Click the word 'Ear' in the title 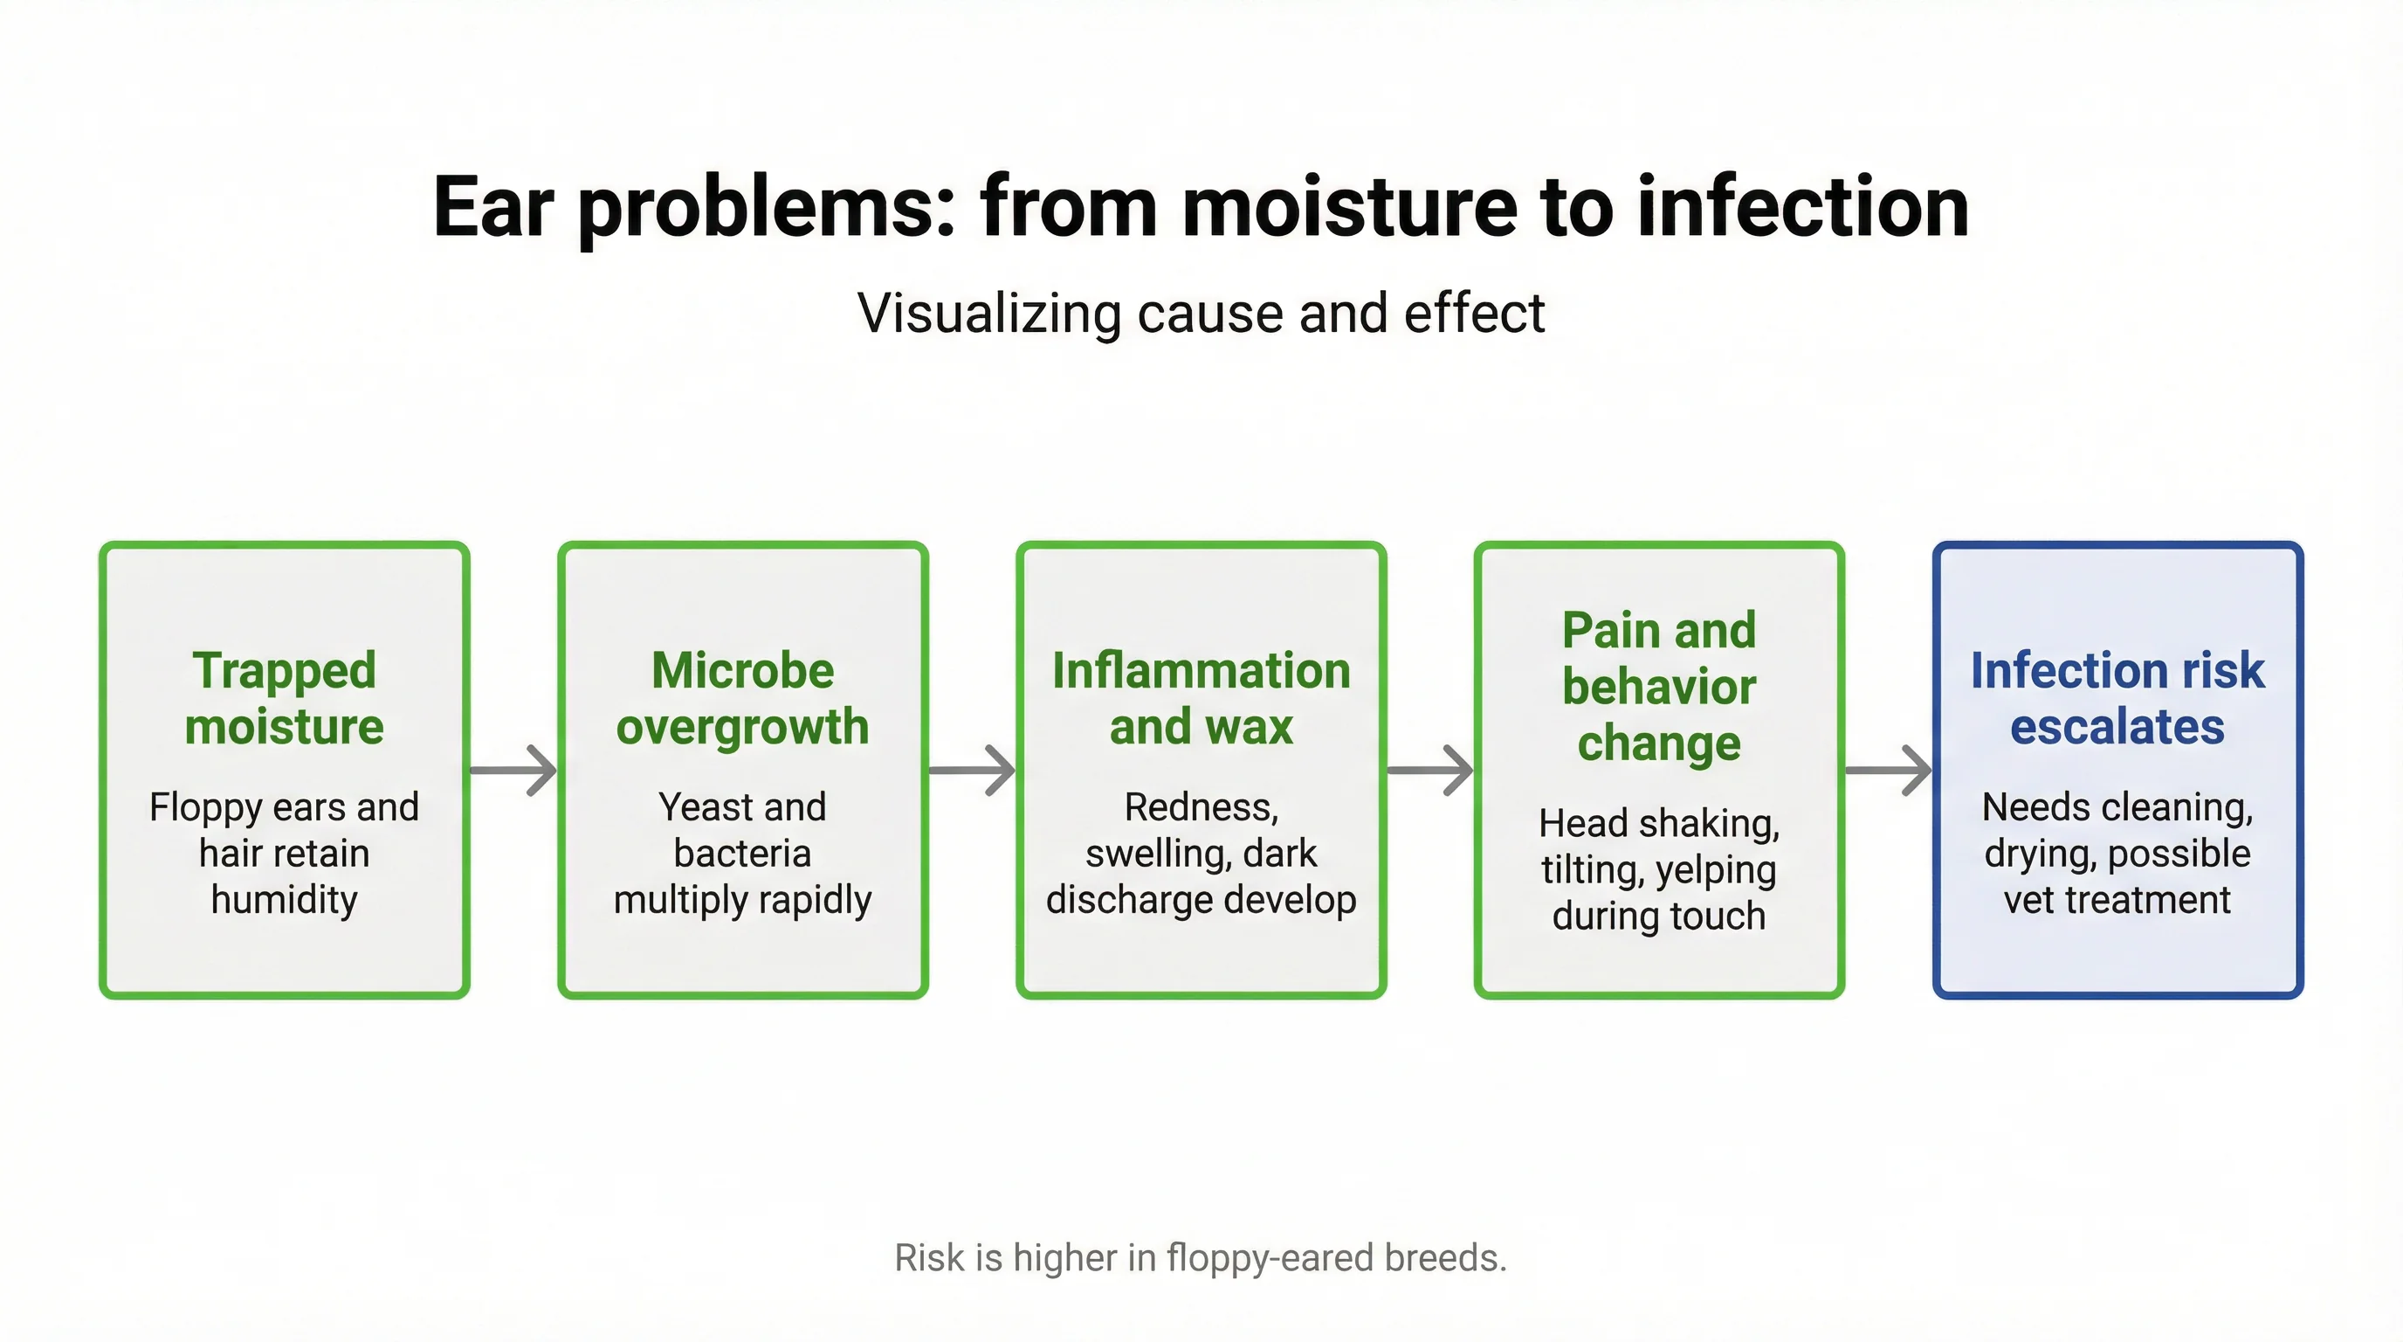[x=493, y=207]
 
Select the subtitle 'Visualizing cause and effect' [x=1201, y=313]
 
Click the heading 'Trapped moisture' [x=285, y=698]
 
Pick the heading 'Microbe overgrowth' [x=742, y=698]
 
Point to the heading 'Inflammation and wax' [x=1201, y=698]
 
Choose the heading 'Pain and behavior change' [x=1658, y=686]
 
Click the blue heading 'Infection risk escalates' [x=2117, y=698]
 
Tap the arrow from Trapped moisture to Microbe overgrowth [x=513, y=770]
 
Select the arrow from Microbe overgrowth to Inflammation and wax [x=971, y=770]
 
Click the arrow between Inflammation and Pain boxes [x=1429, y=770]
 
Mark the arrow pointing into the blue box [x=1888, y=770]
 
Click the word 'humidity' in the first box [x=285, y=901]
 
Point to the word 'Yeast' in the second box [x=695, y=807]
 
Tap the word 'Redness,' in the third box [x=1201, y=807]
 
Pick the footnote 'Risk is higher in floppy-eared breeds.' [x=1201, y=1258]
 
